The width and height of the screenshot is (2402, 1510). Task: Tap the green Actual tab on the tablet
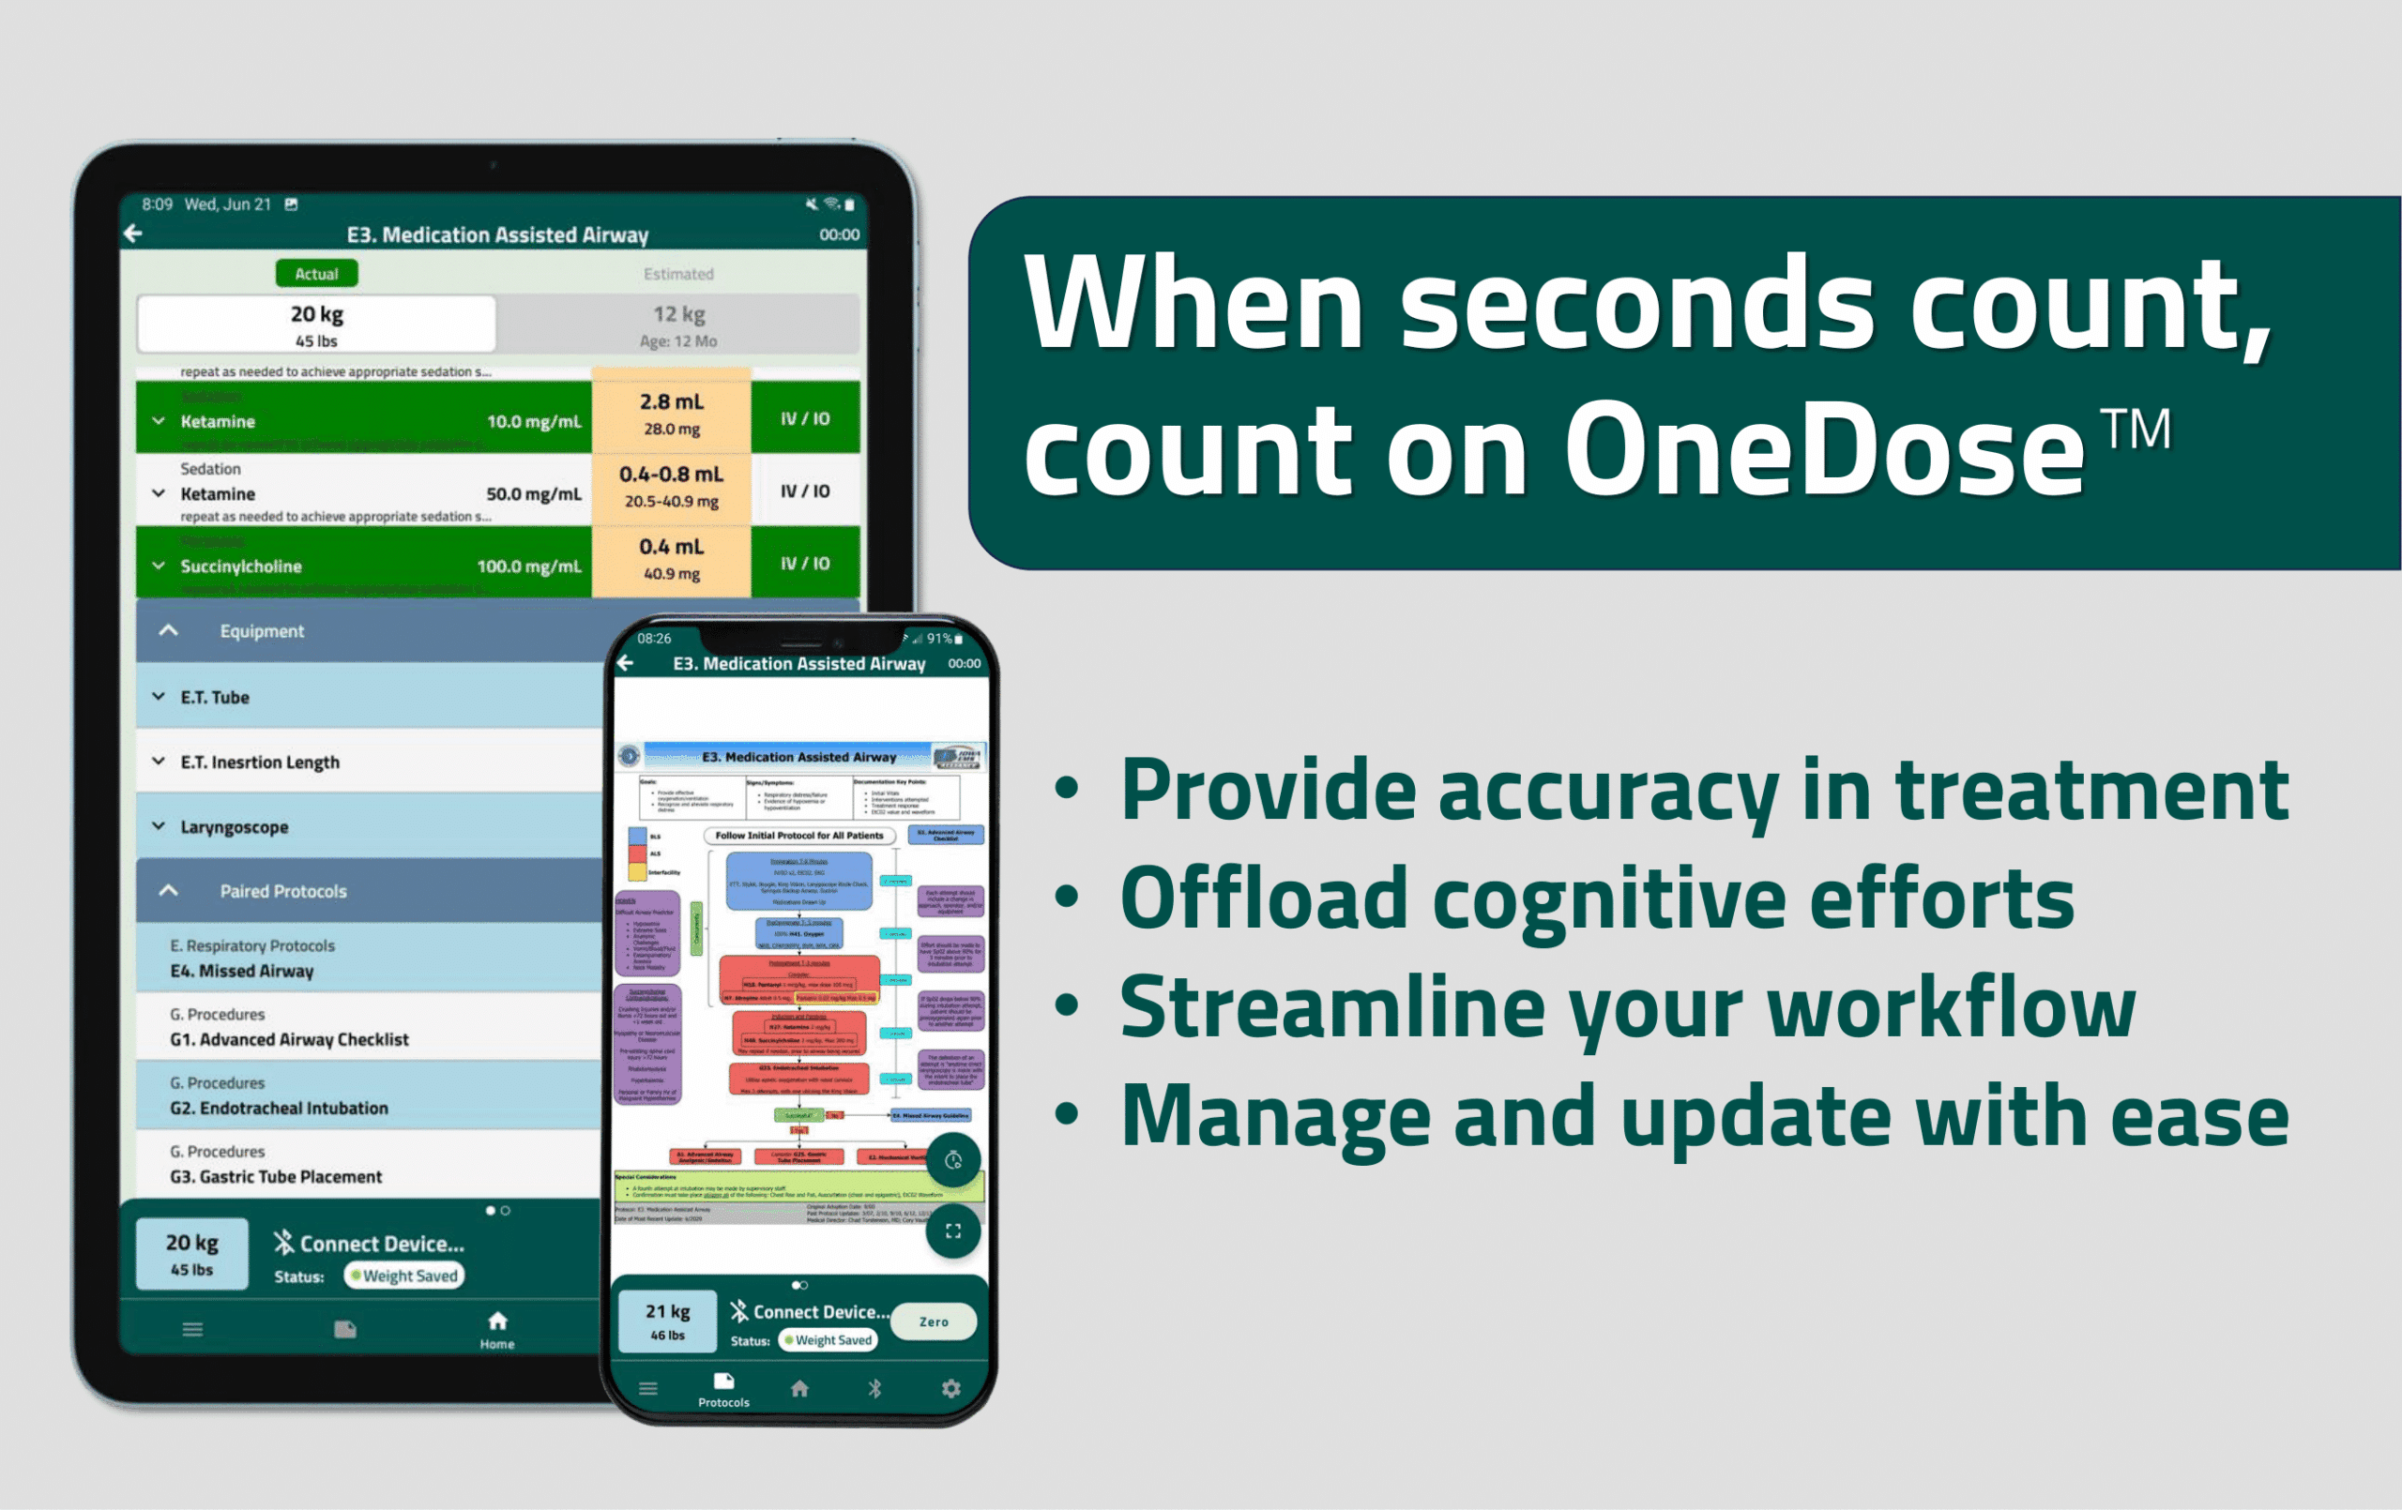click(316, 273)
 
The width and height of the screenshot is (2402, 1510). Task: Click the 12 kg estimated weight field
click(678, 325)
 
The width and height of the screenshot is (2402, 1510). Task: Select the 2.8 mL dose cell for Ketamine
click(670, 414)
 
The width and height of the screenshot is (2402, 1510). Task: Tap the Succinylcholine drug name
click(240, 566)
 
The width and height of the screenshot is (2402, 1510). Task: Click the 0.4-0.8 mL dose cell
click(670, 487)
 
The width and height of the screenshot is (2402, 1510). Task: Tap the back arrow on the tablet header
click(133, 234)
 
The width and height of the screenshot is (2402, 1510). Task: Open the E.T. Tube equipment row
click(215, 697)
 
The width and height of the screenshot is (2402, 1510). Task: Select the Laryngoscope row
click(234, 827)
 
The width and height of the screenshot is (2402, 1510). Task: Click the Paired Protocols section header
click(282, 891)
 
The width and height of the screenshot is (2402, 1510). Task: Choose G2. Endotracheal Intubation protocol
click(279, 1107)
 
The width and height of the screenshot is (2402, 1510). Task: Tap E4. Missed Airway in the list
click(241, 971)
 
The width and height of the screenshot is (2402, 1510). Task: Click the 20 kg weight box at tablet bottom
click(191, 1254)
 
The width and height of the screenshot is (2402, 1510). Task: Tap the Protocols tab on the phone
click(723, 1387)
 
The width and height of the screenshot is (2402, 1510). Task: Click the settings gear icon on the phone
click(950, 1388)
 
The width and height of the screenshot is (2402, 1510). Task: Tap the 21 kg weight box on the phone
click(667, 1321)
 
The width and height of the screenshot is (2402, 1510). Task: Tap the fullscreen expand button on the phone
click(952, 1231)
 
